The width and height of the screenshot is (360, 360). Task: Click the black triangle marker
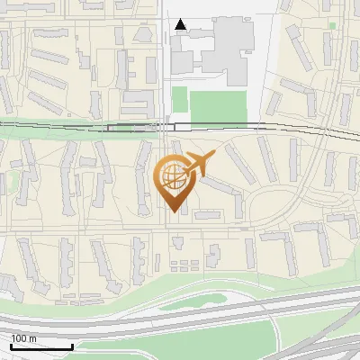click(x=182, y=25)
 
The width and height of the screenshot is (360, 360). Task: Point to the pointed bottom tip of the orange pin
click(x=173, y=211)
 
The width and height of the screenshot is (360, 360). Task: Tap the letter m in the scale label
click(x=33, y=338)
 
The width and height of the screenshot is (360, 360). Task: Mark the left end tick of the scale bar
click(x=11, y=346)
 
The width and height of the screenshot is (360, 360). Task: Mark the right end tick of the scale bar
click(x=72, y=346)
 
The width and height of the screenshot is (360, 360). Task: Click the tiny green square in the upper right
click(x=332, y=25)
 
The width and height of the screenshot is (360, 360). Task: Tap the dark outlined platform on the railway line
click(x=135, y=127)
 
